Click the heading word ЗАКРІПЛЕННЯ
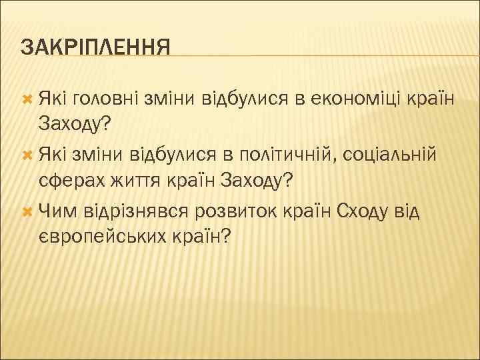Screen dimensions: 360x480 pyautogui.click(x=95, y=47)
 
